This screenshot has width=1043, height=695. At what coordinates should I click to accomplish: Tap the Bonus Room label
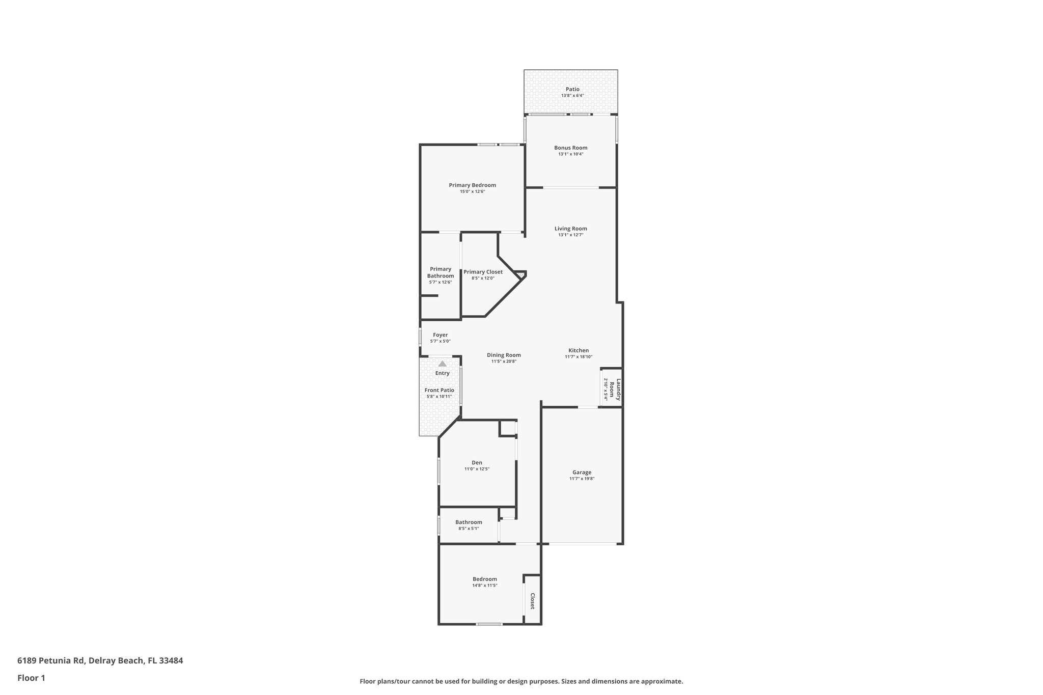pyautogui.click(x=570, y=148)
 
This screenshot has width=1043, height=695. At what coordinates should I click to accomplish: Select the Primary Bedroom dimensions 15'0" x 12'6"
pyautogui.click(x=472, y=191)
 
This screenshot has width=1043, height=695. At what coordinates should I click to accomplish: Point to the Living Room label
pyautogui.click(x=570, y=229)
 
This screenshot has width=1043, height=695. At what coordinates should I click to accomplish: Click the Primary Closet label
pyautogui.click(x=483, y=272)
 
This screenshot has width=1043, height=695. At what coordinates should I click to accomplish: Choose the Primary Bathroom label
pyautogui.click(x=441, y=272)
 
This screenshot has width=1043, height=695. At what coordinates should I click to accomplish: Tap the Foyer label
pyautogui.click(x=440, y=335)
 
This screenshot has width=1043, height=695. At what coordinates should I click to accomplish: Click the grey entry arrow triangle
pyautogui.click(x=442, y=364)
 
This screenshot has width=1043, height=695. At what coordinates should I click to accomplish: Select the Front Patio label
pyautogui.click(x=439, y=390)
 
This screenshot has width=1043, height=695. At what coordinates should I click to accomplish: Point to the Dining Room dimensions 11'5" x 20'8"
pyautogui.click(x=504, y=362)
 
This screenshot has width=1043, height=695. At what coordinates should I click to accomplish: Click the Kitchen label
pyautogui.click(x=579, y=350)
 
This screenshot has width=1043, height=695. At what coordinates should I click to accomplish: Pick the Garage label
pyautogui.click(x=582, y=472)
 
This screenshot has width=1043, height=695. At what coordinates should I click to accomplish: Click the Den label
pyautogui.click(x=477, y=462)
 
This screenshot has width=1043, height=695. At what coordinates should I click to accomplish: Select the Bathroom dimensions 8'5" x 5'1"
pyautogui.click(x=469, y=529)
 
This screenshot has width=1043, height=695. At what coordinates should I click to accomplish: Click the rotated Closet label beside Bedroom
pyautogui.click(x=532, y=601)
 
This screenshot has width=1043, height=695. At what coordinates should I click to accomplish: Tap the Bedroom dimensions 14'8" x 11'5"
pyautogui.click(x=484, y=586)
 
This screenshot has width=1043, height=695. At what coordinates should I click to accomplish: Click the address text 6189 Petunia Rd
pyautogui.click(x=50, y=661)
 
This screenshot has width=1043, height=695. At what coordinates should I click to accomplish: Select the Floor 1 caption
pyautogui.click(x=31, y=678)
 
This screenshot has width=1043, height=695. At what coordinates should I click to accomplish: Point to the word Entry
pyautogui.click(x=442, y=373)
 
